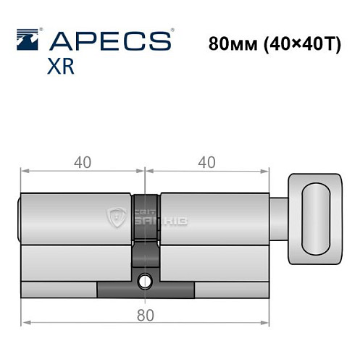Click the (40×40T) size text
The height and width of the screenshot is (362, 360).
tap(292, 41)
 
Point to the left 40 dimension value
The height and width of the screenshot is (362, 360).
tap(82, 163)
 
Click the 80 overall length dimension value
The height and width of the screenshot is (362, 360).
tap(145, 315)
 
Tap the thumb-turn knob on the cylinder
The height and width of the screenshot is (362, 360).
tap(313, 219)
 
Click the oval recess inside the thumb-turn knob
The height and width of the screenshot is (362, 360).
tap(316, 219)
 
